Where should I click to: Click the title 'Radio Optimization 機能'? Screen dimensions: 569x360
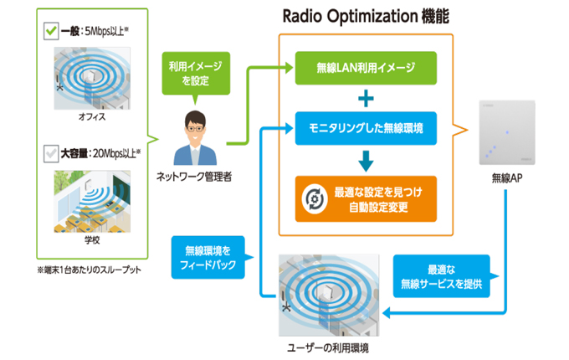366,17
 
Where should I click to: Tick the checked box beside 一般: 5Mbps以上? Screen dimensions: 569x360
51,31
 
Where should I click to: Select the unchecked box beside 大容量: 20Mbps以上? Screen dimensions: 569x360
50,153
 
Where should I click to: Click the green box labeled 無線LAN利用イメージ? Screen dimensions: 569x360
366,68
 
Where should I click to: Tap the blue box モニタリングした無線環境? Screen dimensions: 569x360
366,128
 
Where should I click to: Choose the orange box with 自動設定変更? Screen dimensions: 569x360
366,199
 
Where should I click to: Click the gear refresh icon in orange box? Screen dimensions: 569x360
315,199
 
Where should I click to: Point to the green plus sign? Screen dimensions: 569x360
366,98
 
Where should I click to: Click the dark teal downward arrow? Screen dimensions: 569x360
366,161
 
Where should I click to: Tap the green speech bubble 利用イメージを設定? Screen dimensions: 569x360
196,74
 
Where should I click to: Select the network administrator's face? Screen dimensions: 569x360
195,128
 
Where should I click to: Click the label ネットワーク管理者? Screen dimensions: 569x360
194,177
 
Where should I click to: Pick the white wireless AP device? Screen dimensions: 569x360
507,132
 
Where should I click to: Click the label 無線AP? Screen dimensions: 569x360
507,178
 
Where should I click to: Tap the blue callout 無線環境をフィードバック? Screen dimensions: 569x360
208,257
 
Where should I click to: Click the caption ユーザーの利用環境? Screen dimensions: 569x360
328,348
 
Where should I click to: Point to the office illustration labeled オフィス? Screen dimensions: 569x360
92,78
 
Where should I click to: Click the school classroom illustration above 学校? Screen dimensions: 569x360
92,202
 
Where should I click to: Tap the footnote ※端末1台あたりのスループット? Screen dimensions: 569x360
89,270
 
